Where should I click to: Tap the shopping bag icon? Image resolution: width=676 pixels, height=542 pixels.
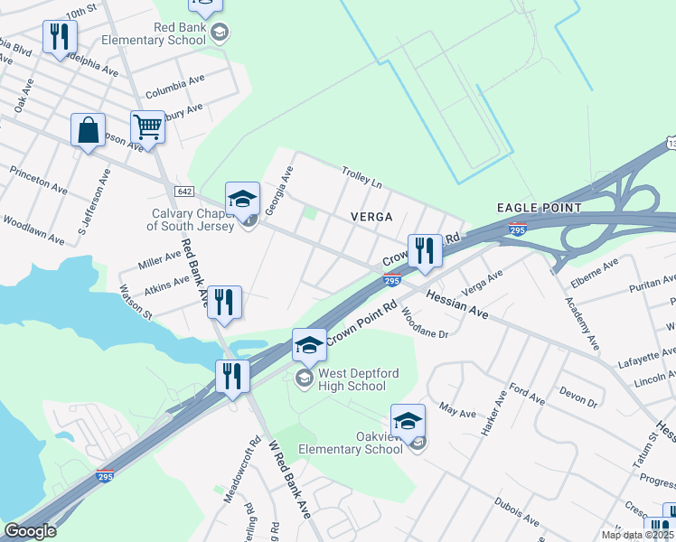(88, 129)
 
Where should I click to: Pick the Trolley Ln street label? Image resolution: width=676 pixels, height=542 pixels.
(361, 175)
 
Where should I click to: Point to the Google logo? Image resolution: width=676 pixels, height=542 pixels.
(30, 531)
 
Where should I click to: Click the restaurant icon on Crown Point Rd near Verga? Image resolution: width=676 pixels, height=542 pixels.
(424, 249)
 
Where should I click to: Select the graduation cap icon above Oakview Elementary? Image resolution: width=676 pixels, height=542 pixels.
(408, 419)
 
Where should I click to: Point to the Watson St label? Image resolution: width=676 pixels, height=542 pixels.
(136, 302)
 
